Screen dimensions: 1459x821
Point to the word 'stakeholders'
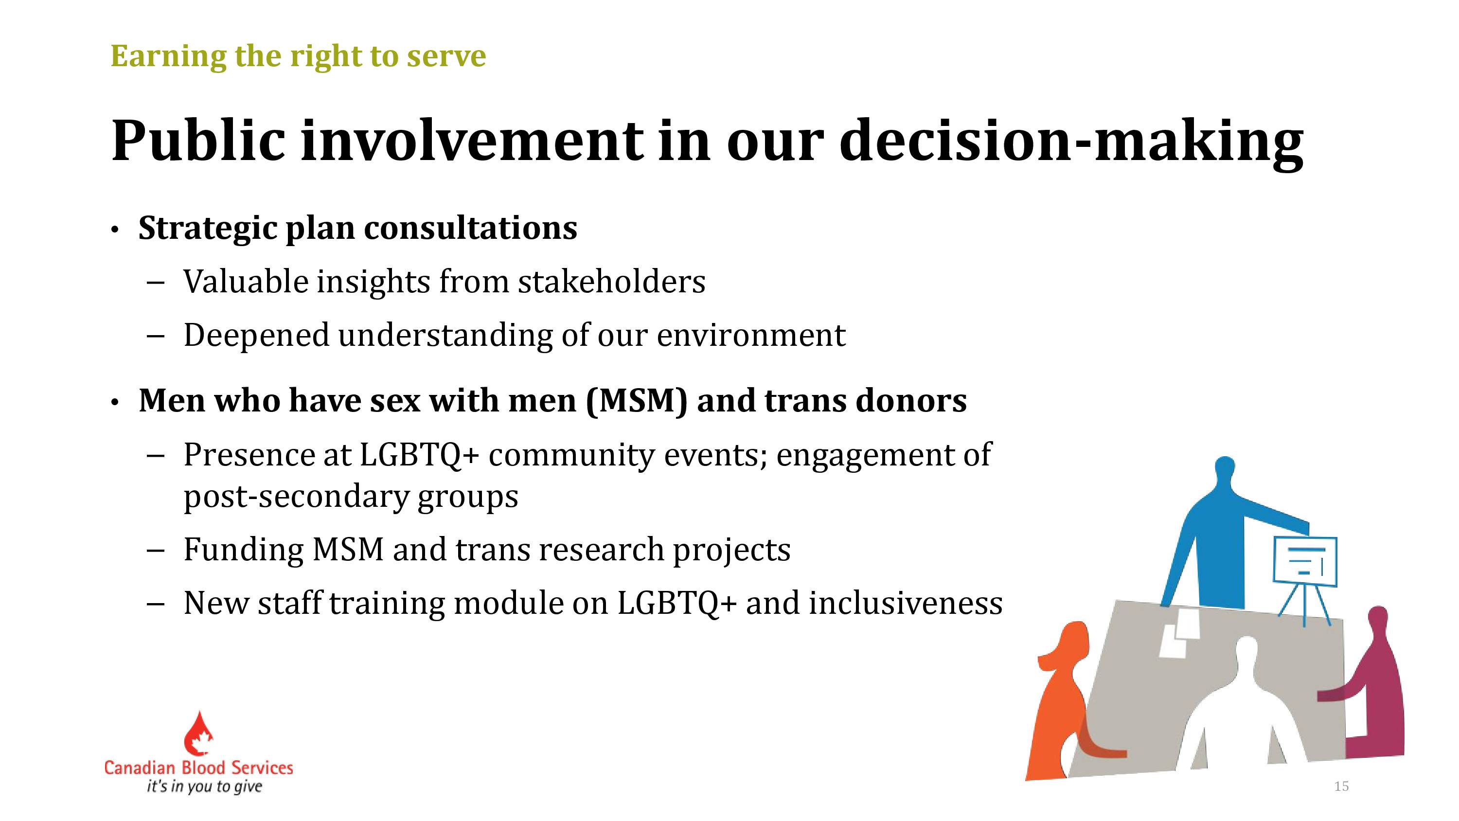point(612,282)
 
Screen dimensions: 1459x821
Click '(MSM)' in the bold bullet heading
point(636,401)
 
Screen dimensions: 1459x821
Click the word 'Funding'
point(244,550)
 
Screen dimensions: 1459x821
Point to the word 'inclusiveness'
point(906,602)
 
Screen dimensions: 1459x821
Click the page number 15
point(1341,786)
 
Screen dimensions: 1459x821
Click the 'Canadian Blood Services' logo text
point(199,767)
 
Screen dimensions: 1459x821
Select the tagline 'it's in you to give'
point(204,786)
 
